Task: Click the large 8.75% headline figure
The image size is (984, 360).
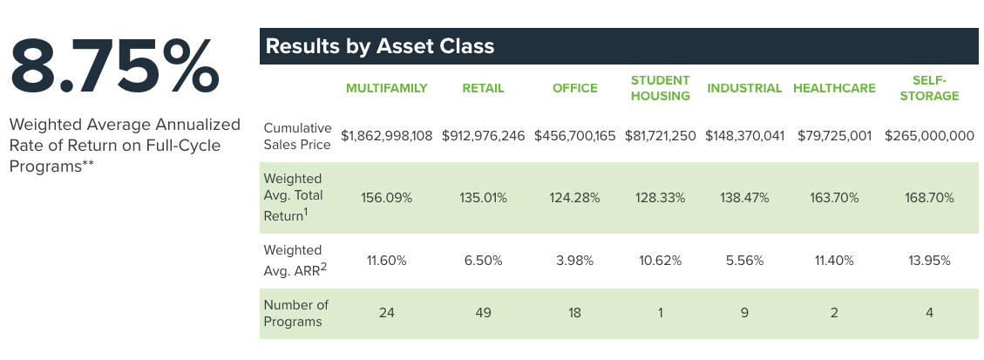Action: click(115, 67)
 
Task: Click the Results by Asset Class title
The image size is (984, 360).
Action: click(379, 46)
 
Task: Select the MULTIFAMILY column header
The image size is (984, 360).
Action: click(386, 88)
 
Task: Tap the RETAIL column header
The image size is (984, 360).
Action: click(483, 88)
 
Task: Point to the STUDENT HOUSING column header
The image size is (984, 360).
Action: click(661, 88)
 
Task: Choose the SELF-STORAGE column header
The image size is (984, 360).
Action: click(929, 88)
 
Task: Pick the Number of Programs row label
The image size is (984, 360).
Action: click(295, 313)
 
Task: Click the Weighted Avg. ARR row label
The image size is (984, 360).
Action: click(295, 261)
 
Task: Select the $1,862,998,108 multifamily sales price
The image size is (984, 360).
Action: click(386, 137)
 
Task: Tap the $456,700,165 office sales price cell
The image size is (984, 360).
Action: click(574, 137)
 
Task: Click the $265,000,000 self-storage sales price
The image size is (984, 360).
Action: click(929, 137)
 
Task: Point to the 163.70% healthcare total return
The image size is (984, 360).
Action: click(834, 198)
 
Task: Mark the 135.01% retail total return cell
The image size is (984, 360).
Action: click(483, 198)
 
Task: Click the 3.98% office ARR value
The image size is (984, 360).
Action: click(574, 261)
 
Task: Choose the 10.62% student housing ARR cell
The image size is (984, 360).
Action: click(661, 261)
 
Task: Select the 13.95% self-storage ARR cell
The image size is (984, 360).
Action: click(929, 261)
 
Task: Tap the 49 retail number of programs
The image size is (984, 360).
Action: click(483, 313)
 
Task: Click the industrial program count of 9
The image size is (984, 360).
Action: click(744, 313)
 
